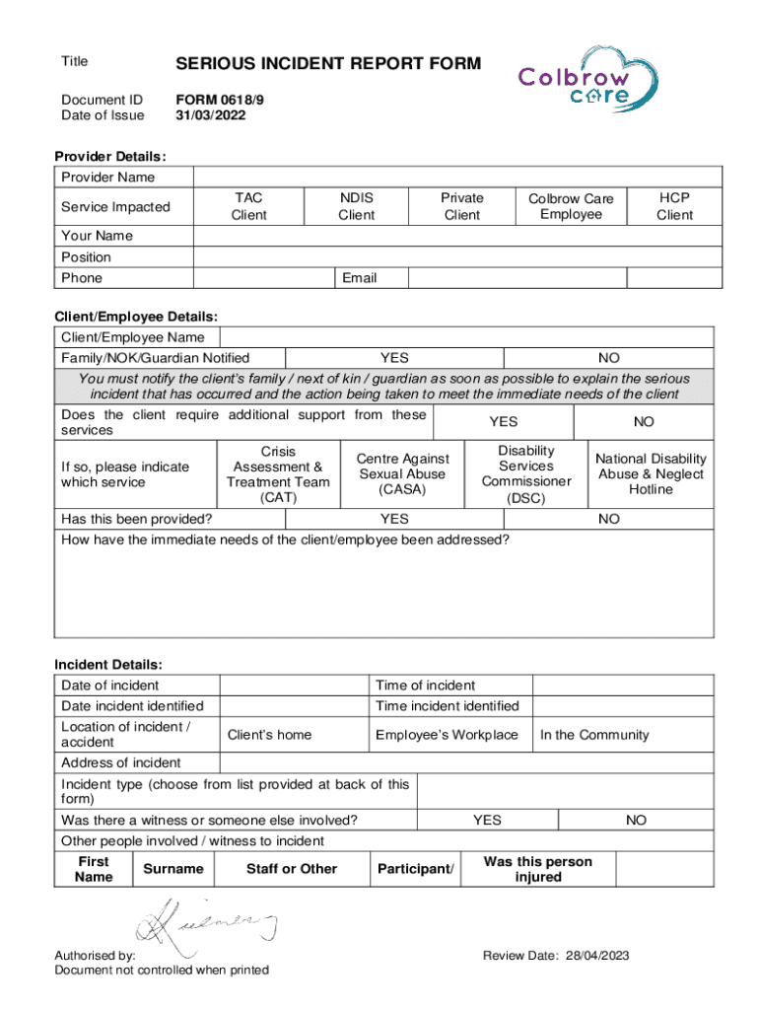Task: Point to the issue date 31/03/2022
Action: click(x=210, y=115)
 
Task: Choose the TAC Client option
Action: click(x=248, y=206)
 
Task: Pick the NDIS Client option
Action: click(x=356, y=206)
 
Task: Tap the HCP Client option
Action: click(x=675, y=206)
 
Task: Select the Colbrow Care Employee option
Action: click(x=571, y=206)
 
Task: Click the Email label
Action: click(x=359, y=278)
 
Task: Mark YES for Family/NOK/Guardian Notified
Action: click(x=394, y=358)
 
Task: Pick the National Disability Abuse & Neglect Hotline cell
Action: click(x=651, y=474)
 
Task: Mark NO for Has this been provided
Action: click(x=609, y=519)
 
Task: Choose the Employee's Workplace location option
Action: click(x=447, y=735)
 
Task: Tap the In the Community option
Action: click(x=594, y=735)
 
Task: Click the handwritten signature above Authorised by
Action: click(x=206, y=924)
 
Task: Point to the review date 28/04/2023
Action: click(x=556, y=956)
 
